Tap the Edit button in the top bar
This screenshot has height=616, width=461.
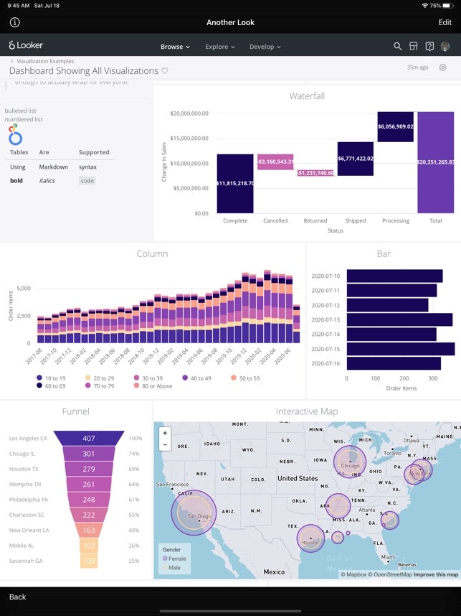[445, 22]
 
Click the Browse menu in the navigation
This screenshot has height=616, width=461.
[175, 47]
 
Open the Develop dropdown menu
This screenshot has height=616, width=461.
[265, 47]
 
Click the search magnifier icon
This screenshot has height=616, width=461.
[398, 47]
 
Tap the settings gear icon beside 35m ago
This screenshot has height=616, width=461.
[442, 67]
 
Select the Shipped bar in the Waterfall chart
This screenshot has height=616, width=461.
[355, 159]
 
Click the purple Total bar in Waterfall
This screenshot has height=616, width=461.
[435, 162]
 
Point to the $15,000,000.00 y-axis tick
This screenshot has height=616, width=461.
[190, 138]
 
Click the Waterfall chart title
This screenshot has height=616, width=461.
[307, 95]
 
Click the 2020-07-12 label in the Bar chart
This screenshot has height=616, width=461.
[325, 305]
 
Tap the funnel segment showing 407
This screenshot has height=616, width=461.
[89, 438]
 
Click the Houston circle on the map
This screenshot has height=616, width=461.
[310, 538]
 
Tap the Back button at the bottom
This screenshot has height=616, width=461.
[18, 597]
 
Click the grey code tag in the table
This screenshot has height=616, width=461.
[87, 181]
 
